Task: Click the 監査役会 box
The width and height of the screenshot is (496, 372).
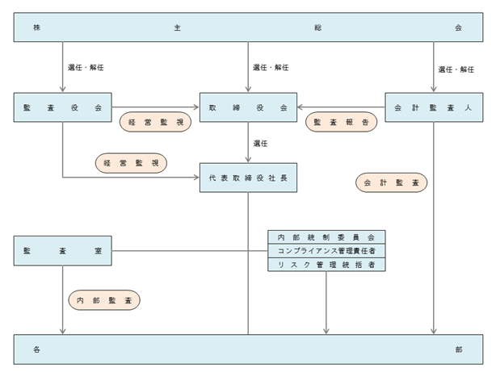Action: (63, 107)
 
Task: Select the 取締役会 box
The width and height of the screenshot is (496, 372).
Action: (248, 107)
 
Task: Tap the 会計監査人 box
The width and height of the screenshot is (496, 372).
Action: (434, 107)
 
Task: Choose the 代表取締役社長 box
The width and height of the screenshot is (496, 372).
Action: (248, 178)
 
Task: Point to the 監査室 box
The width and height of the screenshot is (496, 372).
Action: (63, 251)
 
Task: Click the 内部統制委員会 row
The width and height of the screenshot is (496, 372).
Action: (326, 237)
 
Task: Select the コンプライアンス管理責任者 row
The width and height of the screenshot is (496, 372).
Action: (326, 251)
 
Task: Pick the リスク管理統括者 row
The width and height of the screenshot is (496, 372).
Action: (326, 265)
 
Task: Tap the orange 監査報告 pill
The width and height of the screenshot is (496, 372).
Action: (342, 122)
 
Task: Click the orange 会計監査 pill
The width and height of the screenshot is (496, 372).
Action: (391, 182)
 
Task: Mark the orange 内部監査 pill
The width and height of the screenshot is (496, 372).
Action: (104, 300)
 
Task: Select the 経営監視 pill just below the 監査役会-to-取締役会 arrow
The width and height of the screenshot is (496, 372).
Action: (155, 122)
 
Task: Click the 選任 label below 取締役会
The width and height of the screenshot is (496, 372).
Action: (260, 144)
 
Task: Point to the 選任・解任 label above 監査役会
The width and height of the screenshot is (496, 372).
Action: (86, 67)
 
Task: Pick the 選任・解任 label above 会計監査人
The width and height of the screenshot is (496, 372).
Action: (456, 69)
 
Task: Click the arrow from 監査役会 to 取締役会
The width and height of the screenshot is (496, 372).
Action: (155, 107)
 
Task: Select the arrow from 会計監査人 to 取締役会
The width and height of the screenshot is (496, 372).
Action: (341, 107)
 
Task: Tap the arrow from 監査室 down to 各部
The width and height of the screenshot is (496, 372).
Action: (63, 299)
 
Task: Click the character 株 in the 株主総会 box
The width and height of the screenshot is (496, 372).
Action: (36, 27)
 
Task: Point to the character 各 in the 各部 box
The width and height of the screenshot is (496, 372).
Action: (36, 349)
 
